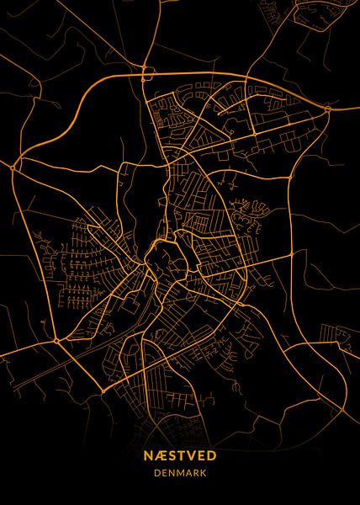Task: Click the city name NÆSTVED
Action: pos(180,454)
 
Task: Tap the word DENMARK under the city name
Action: pos(180,472)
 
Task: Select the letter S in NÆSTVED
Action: pos(168,454)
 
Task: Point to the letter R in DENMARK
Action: pos(196,472)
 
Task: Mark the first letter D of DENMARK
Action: pos(156,472)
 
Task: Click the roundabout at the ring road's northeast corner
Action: pos(326,108)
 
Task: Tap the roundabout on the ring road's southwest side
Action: pos(56,341)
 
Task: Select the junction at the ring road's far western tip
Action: pos(14,168)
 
